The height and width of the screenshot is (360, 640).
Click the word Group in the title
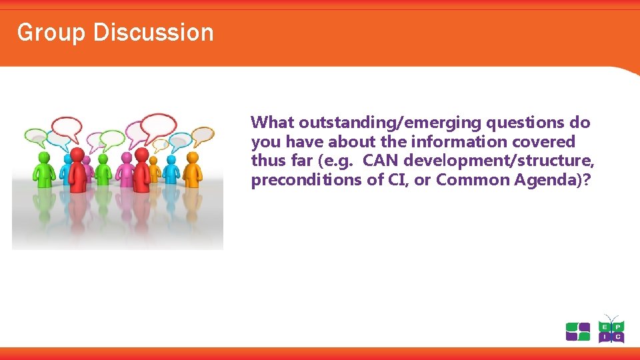tap(41, 33)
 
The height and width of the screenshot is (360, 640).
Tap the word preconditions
tap(297, 181)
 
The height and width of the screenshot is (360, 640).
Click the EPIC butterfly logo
tap(610, 329)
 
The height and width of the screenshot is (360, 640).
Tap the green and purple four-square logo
tap(577, 331)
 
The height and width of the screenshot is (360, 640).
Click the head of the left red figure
tap(77, 155)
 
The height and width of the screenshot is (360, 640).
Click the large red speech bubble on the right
tap(159, 124)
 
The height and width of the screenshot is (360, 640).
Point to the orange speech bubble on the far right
tap(202, 134)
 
